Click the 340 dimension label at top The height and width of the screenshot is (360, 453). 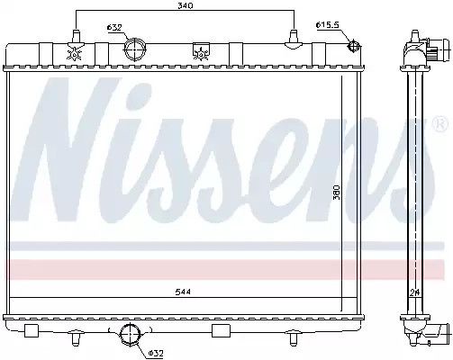(186, 5)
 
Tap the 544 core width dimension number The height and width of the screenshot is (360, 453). (183, 292)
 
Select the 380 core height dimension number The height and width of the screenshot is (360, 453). (337, 192)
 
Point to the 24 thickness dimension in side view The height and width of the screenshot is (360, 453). (414, 292)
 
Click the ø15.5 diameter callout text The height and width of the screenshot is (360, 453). (328, 25)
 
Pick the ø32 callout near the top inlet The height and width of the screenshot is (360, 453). (114, 28)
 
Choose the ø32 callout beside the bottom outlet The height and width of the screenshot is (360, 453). (155, 354)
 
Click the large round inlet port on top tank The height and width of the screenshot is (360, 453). (134, 49)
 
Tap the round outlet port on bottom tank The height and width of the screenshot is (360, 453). (131, 334)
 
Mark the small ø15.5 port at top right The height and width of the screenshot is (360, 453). (353, 47)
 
